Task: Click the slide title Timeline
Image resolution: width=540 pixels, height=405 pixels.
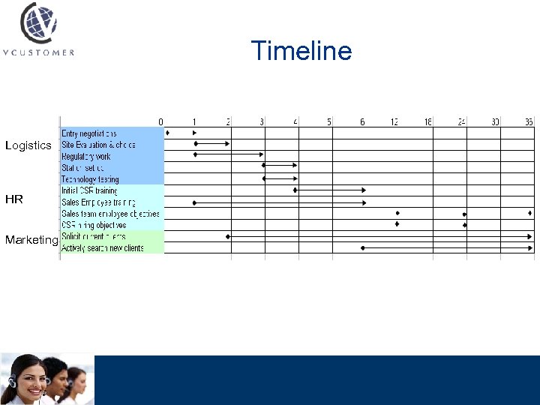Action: tap(301, 51)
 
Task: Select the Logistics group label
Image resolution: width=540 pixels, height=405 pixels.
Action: tap(28, 145)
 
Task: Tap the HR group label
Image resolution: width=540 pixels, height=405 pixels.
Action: tap(14, 199)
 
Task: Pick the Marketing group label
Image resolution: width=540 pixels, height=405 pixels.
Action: tap(31, 240)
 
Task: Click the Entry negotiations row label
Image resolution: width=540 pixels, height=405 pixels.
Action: tap(89, 133)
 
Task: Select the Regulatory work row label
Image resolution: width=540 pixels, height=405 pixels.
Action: tap(86, 157)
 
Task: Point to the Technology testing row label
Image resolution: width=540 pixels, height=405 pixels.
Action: tap(90, 180)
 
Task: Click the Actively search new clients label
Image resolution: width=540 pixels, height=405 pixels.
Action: tap(103, 248)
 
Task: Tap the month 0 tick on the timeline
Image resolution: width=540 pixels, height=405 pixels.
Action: tap(160, 121)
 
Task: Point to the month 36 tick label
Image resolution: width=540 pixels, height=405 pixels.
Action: tap(529, 121)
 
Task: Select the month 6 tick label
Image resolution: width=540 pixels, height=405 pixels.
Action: tap(362, 121)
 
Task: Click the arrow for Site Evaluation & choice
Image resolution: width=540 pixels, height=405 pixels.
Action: tap(212, 143)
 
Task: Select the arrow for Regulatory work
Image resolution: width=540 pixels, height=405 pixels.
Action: tap(229, 154)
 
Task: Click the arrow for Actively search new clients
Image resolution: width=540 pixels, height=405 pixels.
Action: tap(448, 247)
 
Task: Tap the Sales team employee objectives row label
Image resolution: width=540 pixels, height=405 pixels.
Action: tap(111, 214)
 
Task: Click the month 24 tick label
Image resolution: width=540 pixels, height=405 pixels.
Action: tap(462, 121)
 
